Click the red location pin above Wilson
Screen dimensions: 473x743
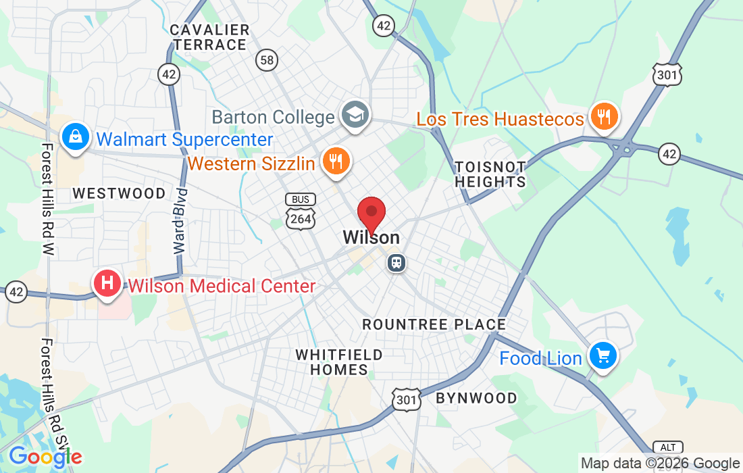click(x=371, y=214)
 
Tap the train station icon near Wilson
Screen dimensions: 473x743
click(x=396, y=262)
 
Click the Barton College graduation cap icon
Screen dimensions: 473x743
click(x=353, y=115)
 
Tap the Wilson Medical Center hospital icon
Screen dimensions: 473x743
click(x=107, y=283)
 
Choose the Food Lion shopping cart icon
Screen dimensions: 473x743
click(x=603, y=355)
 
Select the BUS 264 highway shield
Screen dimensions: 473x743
click(x=300, y=211)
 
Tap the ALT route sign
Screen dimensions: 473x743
click(x=667, y=447)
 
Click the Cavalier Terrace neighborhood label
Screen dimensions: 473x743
click(x=209, y=38)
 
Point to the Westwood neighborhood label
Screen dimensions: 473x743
click(x=119, y=194)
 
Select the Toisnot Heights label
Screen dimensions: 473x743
click(x=490, y=174)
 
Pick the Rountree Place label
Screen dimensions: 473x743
click(x=434, y=324)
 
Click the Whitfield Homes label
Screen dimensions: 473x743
click(x=339, y=362)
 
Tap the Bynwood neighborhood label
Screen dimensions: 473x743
click(x=476, y=398)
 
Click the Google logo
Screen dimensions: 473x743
click(x=45, y=457)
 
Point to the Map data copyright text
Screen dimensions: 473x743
click(x=660, y=464)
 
